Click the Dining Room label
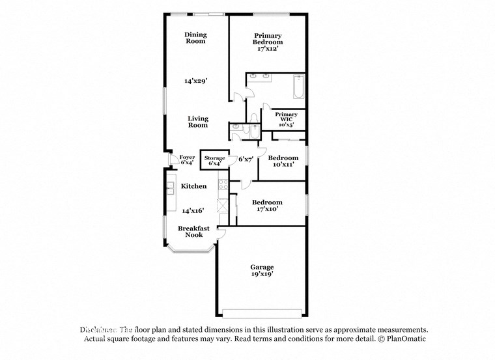point(195,38)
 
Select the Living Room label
point(198,122)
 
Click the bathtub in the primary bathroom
point(298,88)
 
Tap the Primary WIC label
point(281,119)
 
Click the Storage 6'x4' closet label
point(214,161)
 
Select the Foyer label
point(187,159)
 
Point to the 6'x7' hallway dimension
point(245,159)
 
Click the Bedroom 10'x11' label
point(283,161)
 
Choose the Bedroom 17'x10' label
point(267,205)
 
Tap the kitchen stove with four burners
point(222,186)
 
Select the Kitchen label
point(193,186)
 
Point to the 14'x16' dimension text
point(193,210)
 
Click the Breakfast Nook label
point(194,231)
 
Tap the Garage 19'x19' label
point(262,270)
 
